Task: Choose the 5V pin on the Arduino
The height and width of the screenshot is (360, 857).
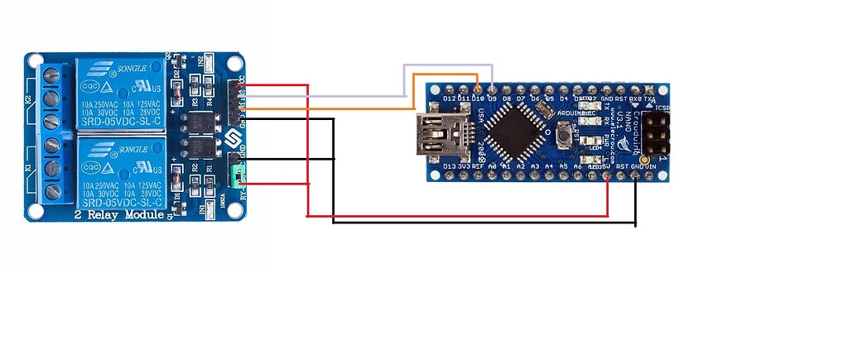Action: [609, 175]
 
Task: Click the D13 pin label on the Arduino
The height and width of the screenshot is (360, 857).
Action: [450, 166]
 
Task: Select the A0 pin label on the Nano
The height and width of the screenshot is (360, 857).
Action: [493, 166]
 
